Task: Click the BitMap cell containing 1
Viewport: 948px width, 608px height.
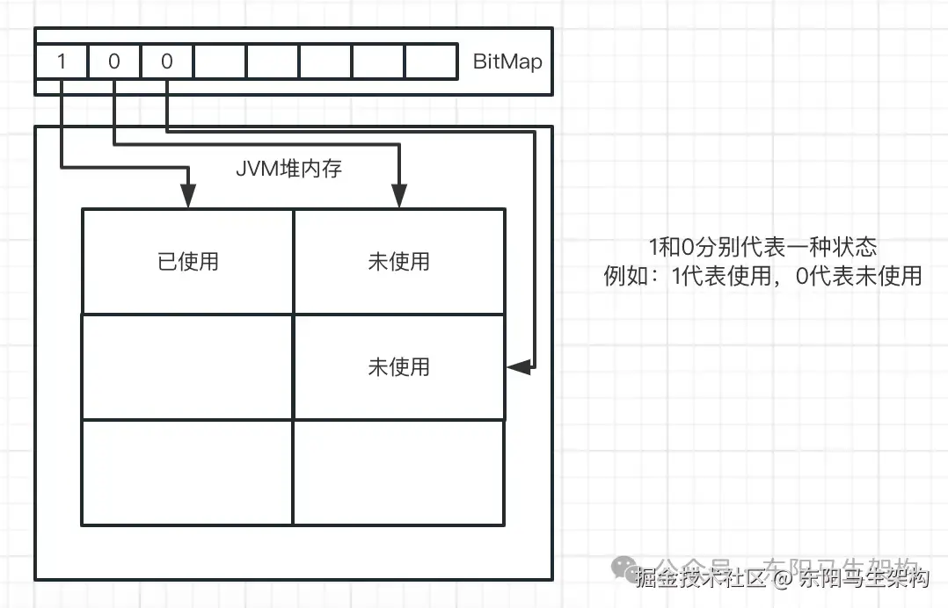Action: pyautogui.click(x=62, y=62)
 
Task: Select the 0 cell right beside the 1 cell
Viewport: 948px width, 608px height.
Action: pyautogui.click(x=114, y=62)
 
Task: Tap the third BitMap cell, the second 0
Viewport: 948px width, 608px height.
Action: pyautogui.click(x=167, y=62)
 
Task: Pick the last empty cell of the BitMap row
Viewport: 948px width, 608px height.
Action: pyautogui.click(x=431, y=62)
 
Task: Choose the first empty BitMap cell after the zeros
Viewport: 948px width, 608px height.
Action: pyautogui.click(x=220, y=62)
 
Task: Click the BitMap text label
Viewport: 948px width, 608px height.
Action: pyautogui.click(x=507, y=62)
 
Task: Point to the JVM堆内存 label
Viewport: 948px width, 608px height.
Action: pyautogui.click(x=288, y=169)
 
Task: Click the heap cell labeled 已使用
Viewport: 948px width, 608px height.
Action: pyautogui.click(x=187, y=261)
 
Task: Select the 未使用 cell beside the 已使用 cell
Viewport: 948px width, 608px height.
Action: pyautogui.click(x=398, y=261)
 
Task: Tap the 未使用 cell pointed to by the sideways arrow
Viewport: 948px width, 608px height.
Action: pyautogui.click(x=398, y=366)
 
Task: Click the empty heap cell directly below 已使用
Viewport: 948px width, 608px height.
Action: pyautogui.click(x=187, y=366)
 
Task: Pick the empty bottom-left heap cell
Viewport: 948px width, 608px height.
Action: pyautogui.click(x=187, y=472)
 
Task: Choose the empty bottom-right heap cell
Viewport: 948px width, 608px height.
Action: pyautogui.click(x=398, y=472)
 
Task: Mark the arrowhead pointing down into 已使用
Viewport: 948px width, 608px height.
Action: pyautogui.click(x=187, y=199)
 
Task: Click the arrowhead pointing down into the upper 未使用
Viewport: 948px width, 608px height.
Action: pyautogui.click(x=398, y=199)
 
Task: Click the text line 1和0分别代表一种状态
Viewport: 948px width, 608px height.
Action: pyautogui.click(x=762, y=247)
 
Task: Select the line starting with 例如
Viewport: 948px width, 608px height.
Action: pyautogui.click(x=762, y=276)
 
